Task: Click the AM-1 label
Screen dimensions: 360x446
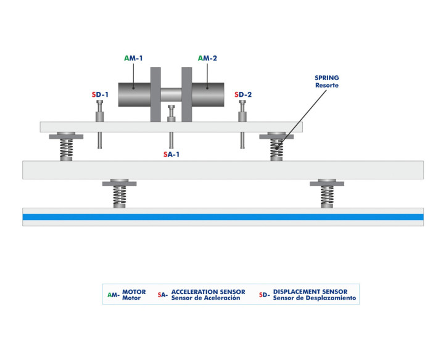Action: pyautogui.click(x=134, y=57)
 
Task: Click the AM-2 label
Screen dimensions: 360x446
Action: pyautogui.click(x=208, y=57)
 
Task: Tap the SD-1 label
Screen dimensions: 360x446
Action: pyautogui.click(x=100, y=94)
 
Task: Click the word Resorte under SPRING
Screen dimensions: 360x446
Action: pyautogui.click(x=326, y=85)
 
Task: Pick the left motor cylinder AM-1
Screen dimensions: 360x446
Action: pyautogui.click(x=134, y=95)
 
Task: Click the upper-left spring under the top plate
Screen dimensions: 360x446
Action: pyautogui.click(x=65, y=148)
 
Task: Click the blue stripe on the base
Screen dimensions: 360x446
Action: pyautogui.click(x=223, y=217)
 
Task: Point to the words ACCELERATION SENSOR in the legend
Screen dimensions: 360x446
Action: pyautogui.click(x=208, y=292)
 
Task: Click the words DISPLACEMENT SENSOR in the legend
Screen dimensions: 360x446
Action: pyautogui.click(x=310, y=292)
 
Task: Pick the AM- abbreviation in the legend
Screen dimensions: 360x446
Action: pyautogui.click(x=113, y=295)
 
